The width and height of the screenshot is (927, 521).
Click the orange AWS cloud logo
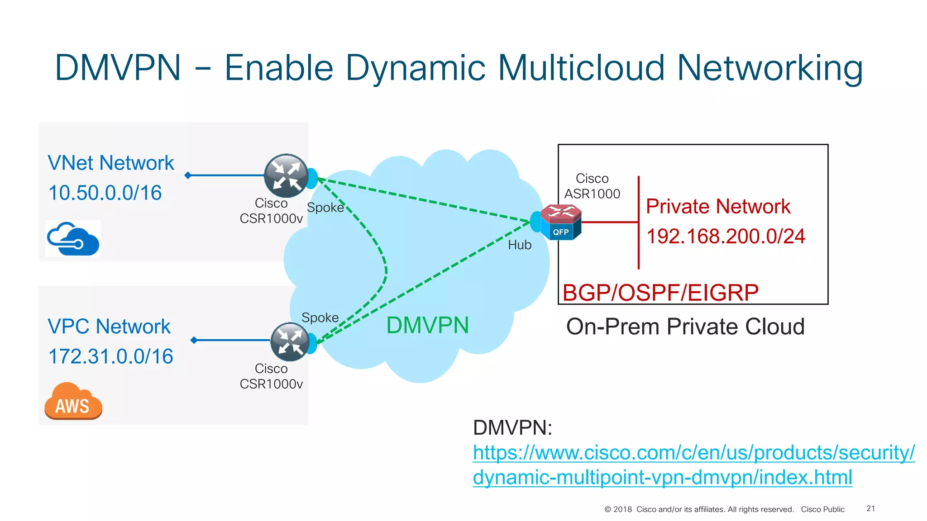pos(73,401)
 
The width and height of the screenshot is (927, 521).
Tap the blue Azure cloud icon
pos(73,238)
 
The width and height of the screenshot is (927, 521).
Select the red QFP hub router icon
pos(560,222)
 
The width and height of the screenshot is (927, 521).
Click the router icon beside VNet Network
pos(286,176)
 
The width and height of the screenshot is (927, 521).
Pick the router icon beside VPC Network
pos(290,342)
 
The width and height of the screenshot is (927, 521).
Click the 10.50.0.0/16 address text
pos(105,193)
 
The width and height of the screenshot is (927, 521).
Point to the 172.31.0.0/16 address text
pos(111,356)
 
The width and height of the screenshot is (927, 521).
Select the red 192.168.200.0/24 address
pos(726,237)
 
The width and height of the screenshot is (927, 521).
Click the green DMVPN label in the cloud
pos(427,326)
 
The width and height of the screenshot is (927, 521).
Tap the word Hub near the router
pos(520,245)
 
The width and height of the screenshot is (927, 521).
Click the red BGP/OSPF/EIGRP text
pos(660,293)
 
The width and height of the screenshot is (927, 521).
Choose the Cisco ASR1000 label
pos(592,186)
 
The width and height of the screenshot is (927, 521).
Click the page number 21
pos(870,509)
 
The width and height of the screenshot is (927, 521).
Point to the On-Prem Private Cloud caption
pos(685,327)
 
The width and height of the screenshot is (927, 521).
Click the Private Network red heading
pos(718,207)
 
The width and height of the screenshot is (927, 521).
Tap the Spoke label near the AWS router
pos(320,317)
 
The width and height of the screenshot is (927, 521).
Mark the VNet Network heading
pos(111,163)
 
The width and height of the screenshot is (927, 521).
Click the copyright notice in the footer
pos(699,510)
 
